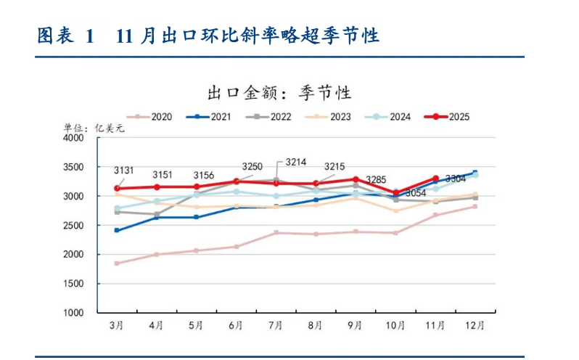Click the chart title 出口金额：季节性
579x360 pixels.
(x=279, y=92)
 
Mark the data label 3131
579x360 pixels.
(x=124, y=171)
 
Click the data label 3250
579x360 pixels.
(x=252, y=167)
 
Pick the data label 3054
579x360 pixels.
(x=415, y=193)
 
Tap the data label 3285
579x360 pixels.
(x=376, y=179)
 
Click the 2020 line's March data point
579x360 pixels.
(x=117, y=263)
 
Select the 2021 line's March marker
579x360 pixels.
(x=117, y=230)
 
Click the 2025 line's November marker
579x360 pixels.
(x=435, y=179)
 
